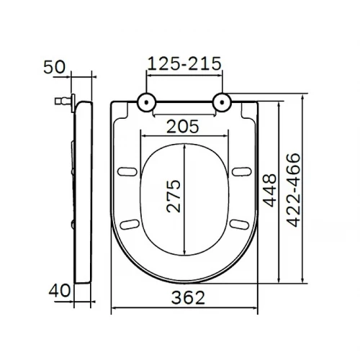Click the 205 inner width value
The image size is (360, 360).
pyautogui.click(x=184, y=127)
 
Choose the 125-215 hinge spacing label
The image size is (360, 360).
pyautogui.click(x=184, y=63)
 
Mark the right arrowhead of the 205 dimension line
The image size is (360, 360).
pyautogui.click(x=225, y=135)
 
